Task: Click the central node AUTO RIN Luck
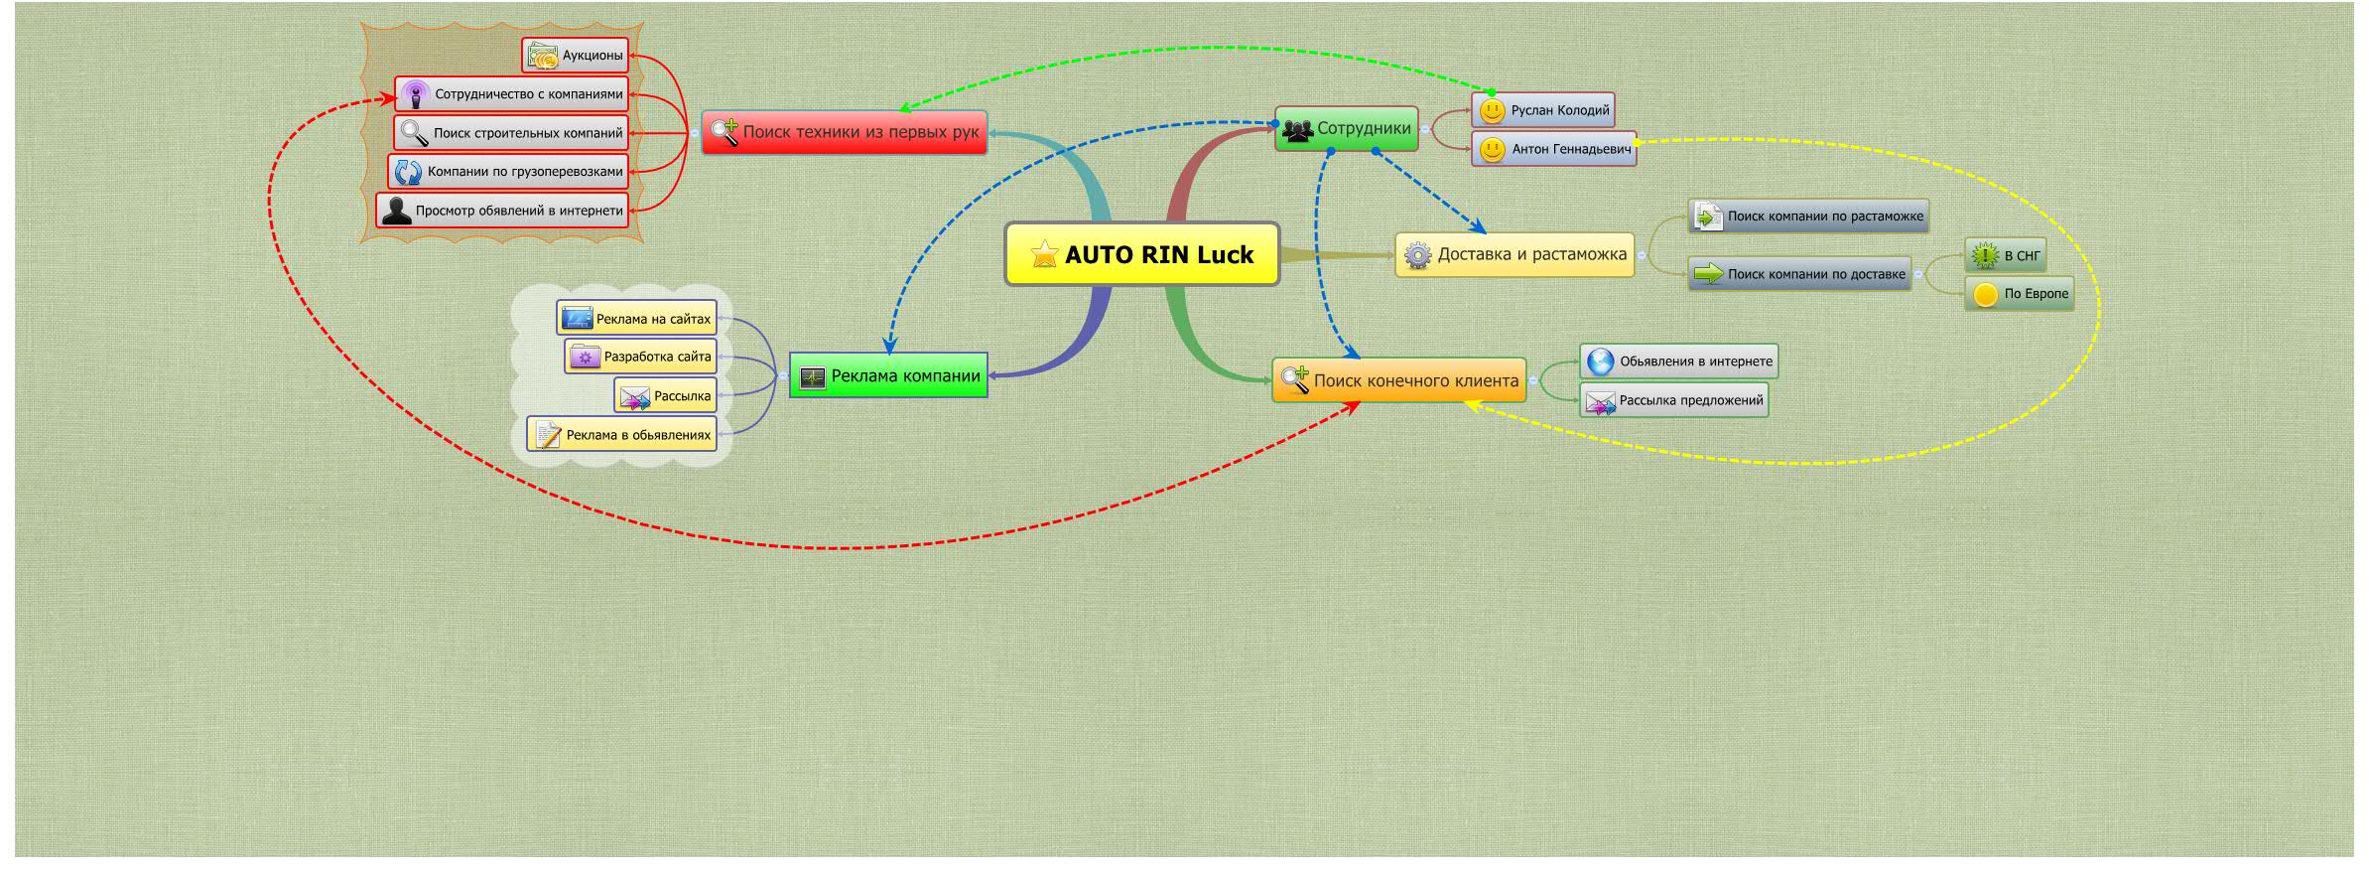point(1141,254)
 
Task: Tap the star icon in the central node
point(1044,254)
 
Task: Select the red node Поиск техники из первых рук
point(845,132)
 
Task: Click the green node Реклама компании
point(889,376)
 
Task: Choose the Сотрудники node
point(1347,129)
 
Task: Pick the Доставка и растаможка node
point(1514,255)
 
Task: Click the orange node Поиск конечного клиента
point(1399,380)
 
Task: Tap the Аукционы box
point(576,56)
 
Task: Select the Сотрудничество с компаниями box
point(512,94)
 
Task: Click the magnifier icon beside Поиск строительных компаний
point(414,133)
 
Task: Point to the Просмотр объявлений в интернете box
point(503,211)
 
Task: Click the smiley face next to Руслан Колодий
point(1492,110)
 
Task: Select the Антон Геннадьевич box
point(1554,149)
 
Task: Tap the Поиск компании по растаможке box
point(1808,217)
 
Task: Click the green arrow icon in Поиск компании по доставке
point(1708,274)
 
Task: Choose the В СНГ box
point(2006,256)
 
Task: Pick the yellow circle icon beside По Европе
point(1985,295)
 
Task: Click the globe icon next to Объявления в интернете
point(1600,362)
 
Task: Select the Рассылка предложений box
point(1674,401)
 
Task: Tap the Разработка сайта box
point(640,357)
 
